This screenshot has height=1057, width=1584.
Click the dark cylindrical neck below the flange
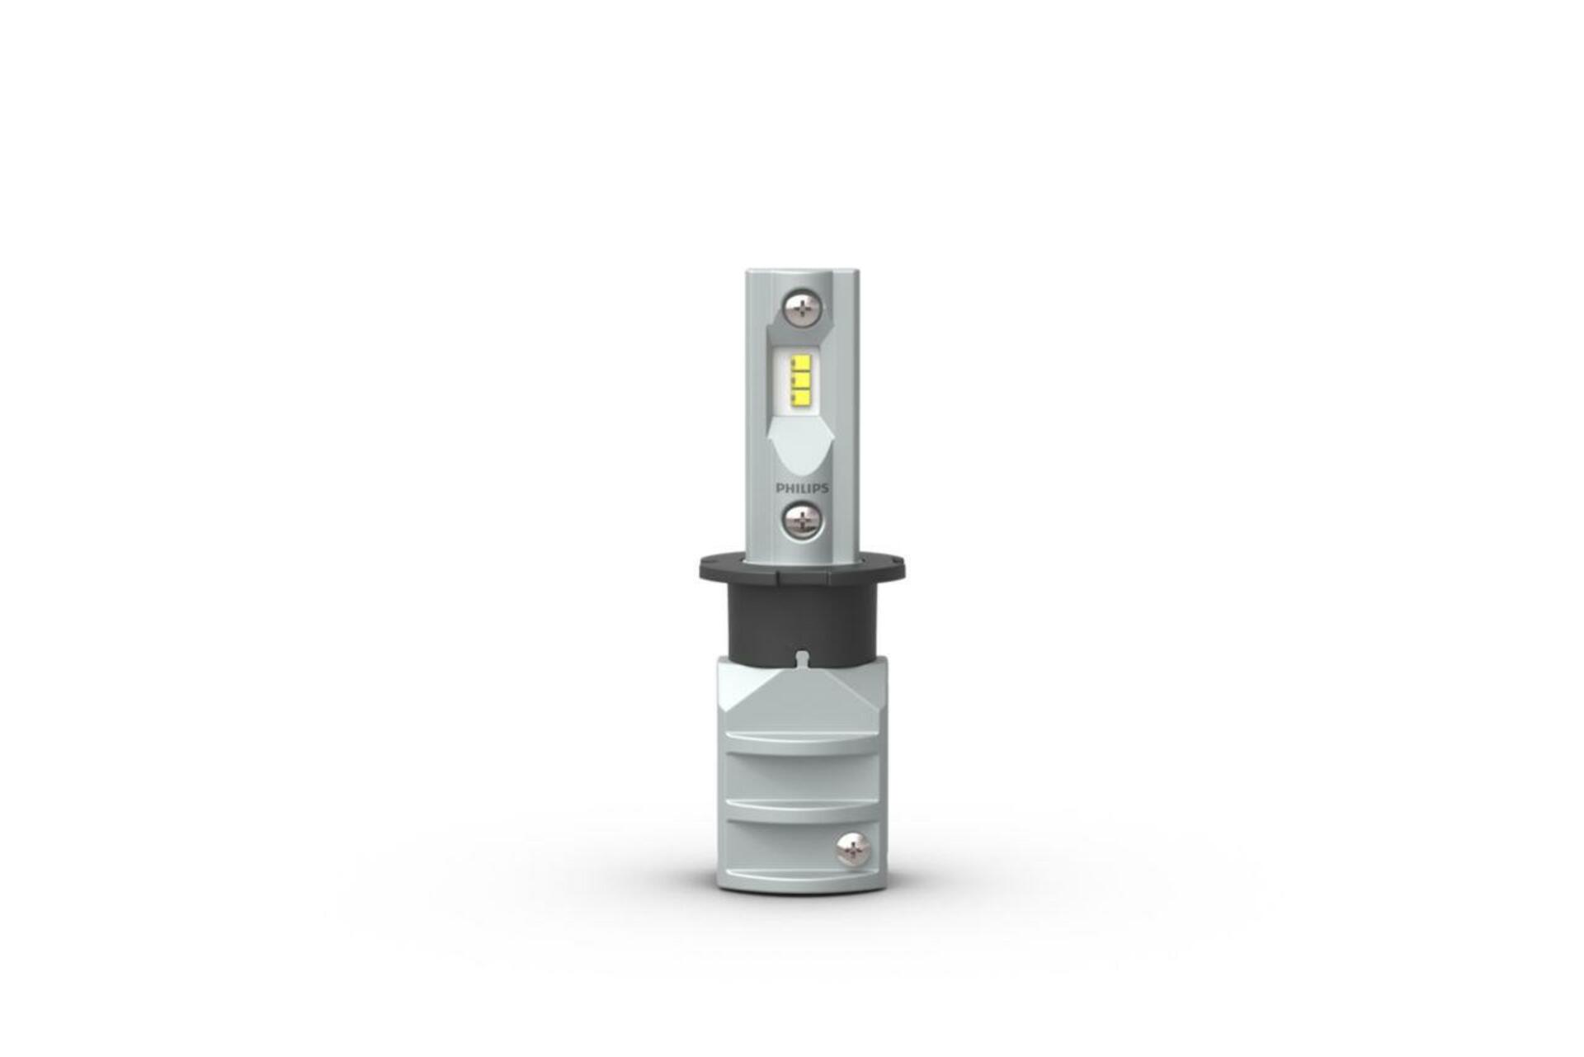click(x=800, y=619)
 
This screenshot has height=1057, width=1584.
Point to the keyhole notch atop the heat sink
click(x=802, y=658)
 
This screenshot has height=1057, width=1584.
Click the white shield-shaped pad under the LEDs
click(x=799, y=446)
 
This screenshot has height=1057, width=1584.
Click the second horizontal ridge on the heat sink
click(x=799, y=806)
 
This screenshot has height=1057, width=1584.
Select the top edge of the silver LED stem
click(x=800, y=272)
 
